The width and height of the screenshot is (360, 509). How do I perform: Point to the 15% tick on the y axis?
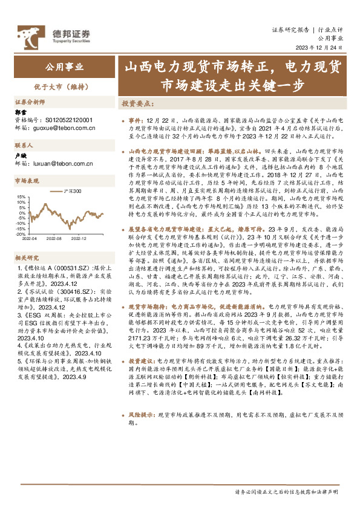[21, 197]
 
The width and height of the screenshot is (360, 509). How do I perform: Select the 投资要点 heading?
[137, 103]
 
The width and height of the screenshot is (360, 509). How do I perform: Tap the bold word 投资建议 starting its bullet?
[142, 360]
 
